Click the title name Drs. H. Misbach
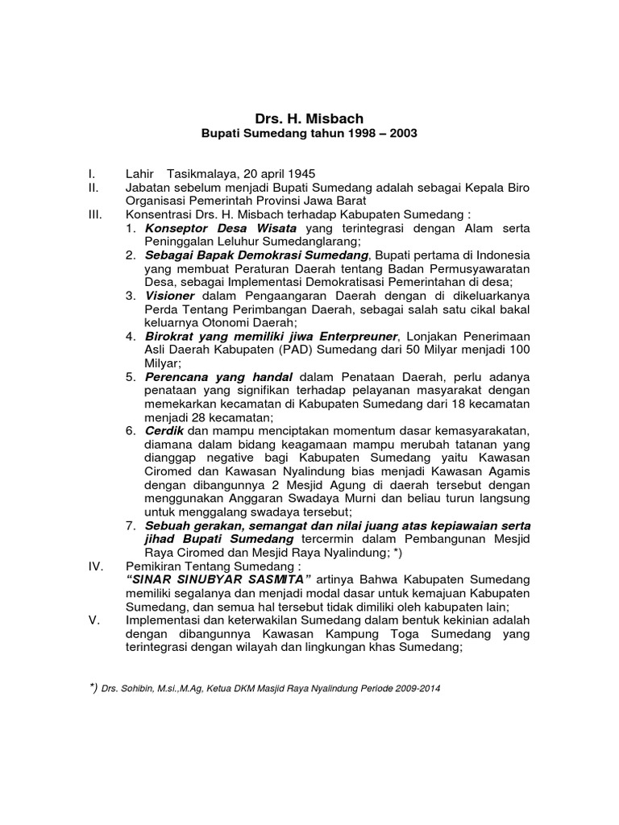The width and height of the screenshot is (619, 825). (309, 119)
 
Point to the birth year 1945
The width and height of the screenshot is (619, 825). (299, 174)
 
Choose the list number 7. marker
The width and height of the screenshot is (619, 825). (131, 525)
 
